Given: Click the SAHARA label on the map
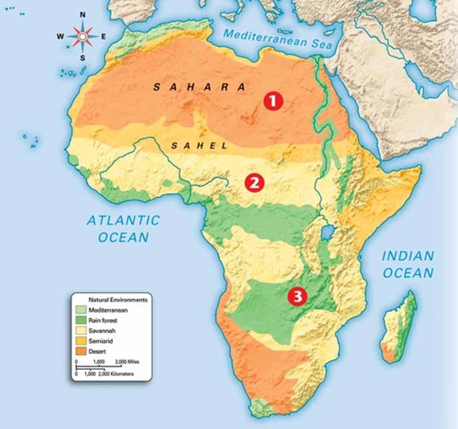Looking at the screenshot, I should coord(200,87).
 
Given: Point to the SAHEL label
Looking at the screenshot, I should coord(199,146).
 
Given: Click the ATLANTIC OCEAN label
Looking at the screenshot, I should coord(123,229).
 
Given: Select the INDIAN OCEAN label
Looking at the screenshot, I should coord(408,265).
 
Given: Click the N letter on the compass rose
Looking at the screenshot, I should coord(83,15).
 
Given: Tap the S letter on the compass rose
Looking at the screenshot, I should coord(83,58).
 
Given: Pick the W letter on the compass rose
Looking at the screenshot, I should coord(60,36).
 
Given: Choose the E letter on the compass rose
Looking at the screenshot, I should coord(104,36).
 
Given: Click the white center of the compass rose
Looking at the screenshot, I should coord(83,36).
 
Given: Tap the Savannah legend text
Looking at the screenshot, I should coord(102,331).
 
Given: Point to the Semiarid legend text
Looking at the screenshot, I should coord(100,341).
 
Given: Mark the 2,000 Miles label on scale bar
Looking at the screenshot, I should coord(127,362).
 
